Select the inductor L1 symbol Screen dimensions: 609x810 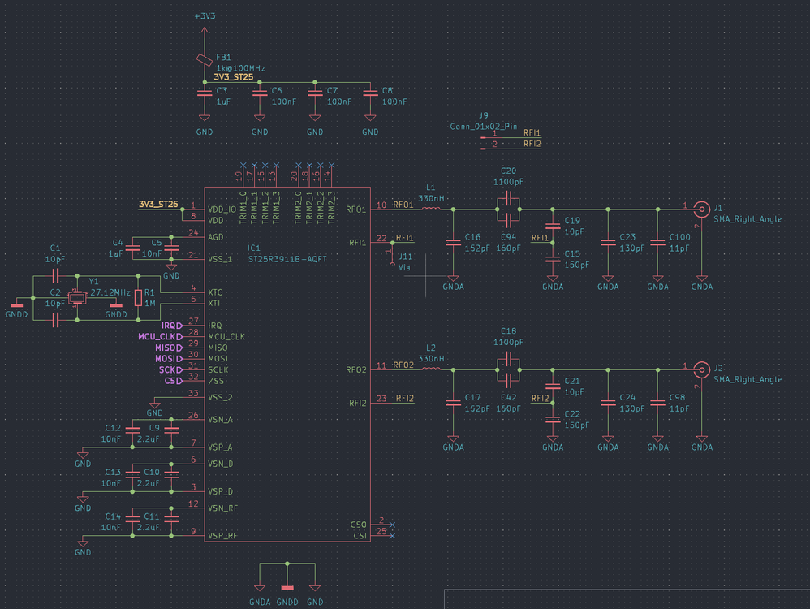click(430, 209)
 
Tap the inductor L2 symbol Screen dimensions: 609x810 click(430, 369)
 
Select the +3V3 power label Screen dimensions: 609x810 click(205, 16)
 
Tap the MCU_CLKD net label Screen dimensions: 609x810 click(160, 336)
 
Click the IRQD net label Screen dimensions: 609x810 click(171, 326)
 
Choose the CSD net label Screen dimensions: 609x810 click(173, 380)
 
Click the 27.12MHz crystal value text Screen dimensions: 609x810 click(112, 292)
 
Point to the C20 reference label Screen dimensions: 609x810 click(508, 171)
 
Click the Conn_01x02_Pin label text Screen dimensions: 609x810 click(483, 126)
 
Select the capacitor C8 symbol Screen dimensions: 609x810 click(370, 93)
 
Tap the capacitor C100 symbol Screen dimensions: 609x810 click(657, 241)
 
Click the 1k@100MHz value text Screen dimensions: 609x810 click(241, 68)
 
